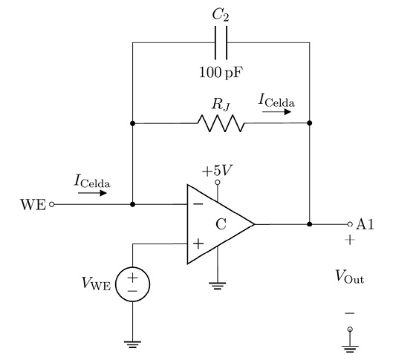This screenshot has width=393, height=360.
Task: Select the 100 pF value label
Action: [221, 73]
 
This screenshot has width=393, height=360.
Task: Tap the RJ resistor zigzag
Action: [221, 123]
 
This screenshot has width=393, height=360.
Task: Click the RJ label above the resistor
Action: [221, 105]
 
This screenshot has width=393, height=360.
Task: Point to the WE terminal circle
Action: [51, 205]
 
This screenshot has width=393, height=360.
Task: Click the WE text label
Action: [33, 205]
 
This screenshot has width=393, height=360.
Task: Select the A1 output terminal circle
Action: [350, 224]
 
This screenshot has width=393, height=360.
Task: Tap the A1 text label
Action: [365, 224]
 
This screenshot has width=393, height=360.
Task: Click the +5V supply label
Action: [217, 171]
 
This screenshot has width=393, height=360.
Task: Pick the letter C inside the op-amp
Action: [221, 224]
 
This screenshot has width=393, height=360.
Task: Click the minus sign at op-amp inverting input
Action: [198, 204]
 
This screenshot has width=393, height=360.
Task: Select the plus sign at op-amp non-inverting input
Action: [198, 244]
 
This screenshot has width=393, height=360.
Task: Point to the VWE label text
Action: [97, 284]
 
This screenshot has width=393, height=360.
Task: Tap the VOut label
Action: [350, 277]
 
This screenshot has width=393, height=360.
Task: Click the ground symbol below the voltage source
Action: [132, 344]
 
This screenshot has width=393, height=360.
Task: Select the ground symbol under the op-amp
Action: [218, 286]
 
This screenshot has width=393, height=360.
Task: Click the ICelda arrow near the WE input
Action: [92, 193]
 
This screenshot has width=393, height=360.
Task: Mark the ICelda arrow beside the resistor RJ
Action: [276, 111]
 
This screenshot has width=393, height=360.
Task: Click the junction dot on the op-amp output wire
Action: [310, 224]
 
